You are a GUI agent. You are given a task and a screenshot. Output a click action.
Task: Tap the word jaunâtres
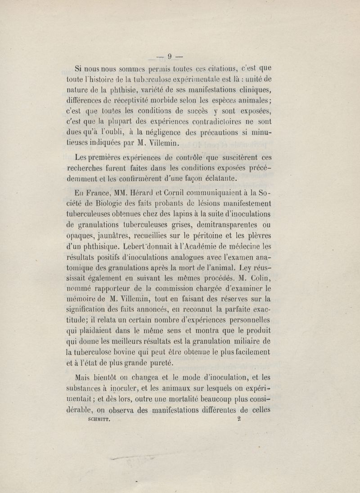point(113,235)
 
